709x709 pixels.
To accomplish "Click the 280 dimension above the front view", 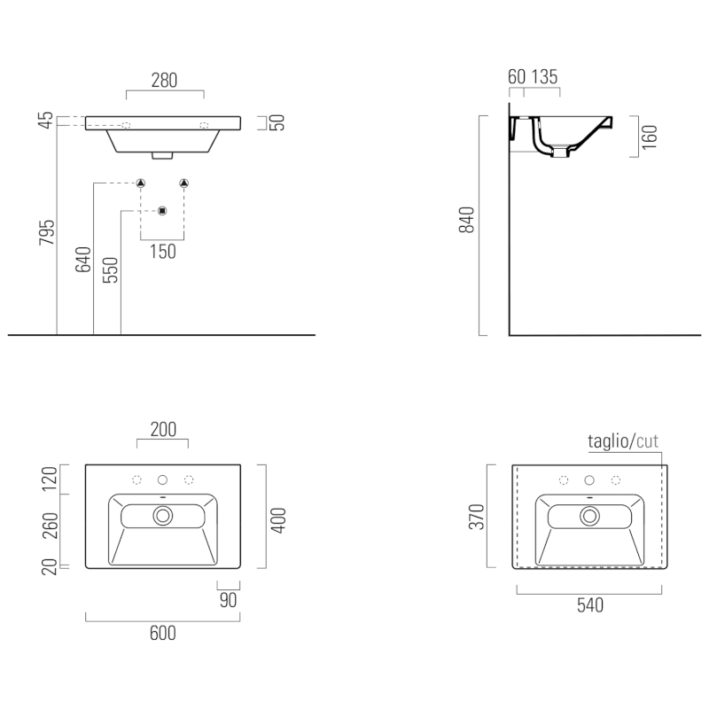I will pos(164,80).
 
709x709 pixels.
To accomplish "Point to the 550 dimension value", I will pos(110,269).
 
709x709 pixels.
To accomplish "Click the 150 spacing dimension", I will pos(162,252).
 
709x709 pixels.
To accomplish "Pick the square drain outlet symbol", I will pos(162,211).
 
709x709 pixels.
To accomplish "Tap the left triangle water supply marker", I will pos(140,183).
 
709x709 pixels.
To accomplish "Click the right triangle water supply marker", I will pos(184,183).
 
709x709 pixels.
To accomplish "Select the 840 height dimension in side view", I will pos(468,219).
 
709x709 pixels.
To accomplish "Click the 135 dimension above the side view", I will pos(545,77).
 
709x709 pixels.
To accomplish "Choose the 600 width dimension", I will pos(163,633).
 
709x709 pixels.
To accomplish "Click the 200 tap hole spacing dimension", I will pos(163,430).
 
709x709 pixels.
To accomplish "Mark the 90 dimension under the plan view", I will pos(228,601).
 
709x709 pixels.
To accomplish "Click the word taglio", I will pos(608,440).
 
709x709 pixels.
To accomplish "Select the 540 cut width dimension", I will pos(589,606).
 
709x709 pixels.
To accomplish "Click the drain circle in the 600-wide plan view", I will pos(163,515).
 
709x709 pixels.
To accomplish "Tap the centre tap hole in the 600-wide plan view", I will pos(163,480).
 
